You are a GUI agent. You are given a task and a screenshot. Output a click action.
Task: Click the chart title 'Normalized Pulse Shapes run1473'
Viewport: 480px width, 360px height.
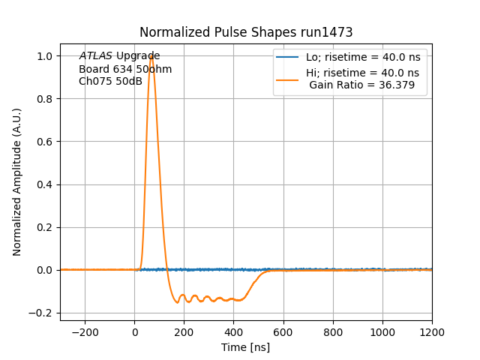246,32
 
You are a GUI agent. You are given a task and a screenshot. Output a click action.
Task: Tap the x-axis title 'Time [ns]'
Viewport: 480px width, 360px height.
246,347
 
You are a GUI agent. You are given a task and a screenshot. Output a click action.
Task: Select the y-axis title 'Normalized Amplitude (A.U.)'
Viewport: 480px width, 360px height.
17,181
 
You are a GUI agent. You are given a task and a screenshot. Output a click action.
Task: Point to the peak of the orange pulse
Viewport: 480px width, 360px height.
151,56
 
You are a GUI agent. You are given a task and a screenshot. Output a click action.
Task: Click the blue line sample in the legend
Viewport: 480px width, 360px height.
288,57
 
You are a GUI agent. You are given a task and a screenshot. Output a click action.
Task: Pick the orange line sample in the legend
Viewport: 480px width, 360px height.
288,79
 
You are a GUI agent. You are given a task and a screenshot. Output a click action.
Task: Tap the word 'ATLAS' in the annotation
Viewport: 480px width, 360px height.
95,56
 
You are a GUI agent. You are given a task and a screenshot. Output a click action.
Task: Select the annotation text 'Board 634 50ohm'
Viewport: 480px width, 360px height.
125,69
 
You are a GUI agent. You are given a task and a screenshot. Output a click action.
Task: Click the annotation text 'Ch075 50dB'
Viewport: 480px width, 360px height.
110,81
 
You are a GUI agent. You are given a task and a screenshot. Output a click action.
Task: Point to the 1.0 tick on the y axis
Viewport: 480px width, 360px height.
46,56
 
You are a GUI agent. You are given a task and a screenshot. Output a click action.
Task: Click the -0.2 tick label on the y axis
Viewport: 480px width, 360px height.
43,313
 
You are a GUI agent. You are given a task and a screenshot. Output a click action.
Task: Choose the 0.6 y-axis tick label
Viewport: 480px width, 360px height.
46,142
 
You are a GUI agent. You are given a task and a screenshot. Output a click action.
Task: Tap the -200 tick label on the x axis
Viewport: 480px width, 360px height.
85,332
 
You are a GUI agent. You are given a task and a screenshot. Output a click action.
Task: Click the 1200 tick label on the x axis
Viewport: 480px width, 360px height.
432,332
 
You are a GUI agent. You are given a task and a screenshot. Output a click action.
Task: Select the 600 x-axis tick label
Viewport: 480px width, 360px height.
283,332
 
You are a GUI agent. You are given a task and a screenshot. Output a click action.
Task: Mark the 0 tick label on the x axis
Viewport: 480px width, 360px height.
135,332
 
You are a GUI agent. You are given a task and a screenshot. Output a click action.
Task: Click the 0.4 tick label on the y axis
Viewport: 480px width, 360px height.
46,184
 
